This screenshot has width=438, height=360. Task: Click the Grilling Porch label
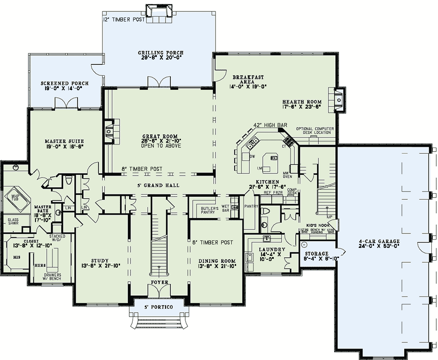(x=161, y=53)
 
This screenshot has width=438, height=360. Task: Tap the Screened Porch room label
(x=65, y=83)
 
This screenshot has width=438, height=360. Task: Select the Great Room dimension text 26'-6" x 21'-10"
(x=161, y=141)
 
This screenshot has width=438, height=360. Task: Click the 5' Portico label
(x=159, y=307)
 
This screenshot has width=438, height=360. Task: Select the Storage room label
(x=317, y=254)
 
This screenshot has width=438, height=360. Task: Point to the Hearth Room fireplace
(x=339, y=99)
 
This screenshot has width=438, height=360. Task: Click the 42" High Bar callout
(x=270, y=125)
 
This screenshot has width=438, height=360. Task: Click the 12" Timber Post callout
(x=123, y=20)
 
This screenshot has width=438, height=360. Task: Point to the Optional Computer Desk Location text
(x=315, y=131)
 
